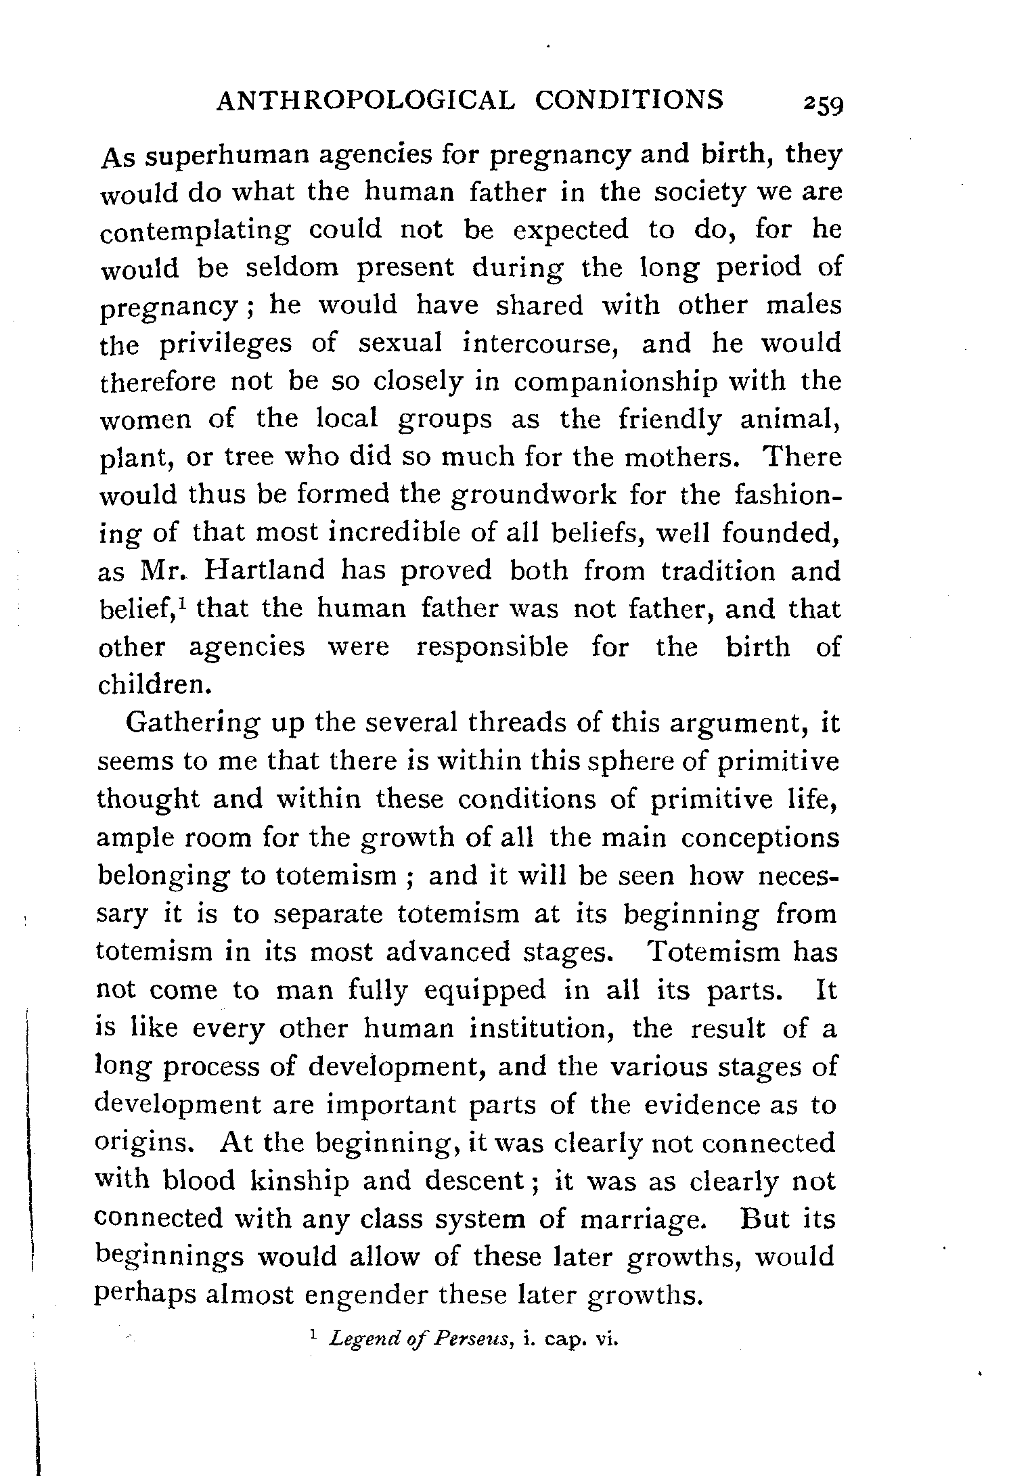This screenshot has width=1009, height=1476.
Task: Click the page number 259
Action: pyautogui.click(x=821, y=105)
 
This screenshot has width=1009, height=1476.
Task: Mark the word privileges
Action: pyautogui.click(x=226, y=345)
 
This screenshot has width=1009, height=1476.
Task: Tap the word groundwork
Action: pyautogui.click(x=534, y=495)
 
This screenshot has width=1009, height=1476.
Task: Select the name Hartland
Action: pyautogui.click(x=263, y=571)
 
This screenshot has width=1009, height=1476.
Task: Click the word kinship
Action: pyautogui.click(x=298, y=1181)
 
